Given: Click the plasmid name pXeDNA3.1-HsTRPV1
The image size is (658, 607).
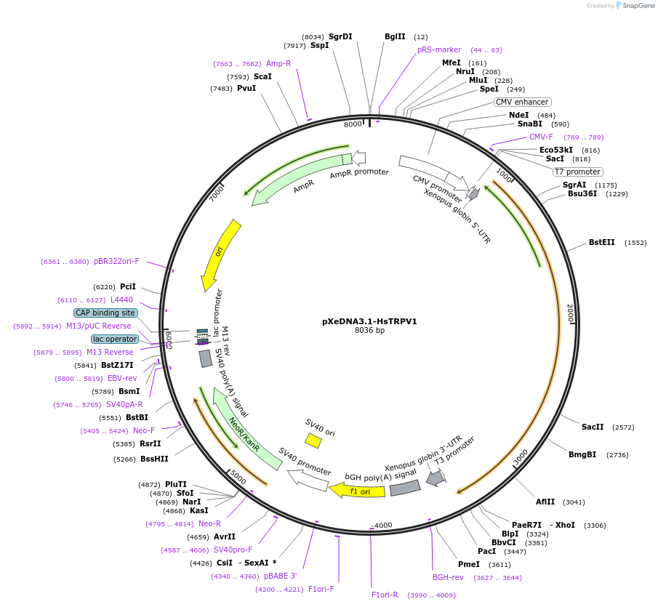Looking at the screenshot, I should [369, 321].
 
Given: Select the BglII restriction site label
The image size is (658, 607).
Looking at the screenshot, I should [395, 36].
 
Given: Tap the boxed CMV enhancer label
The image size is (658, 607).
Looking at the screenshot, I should [522, 102].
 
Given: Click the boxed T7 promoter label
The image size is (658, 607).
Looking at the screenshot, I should [577, 172].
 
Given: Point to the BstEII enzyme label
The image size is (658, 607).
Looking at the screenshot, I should [601, 242].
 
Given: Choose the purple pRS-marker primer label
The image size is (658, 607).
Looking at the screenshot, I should [439, 49].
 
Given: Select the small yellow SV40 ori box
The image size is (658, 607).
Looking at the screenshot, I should [313, 441].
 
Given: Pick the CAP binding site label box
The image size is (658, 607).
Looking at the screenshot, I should [105, 313].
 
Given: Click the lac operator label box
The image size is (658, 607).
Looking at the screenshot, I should [114, 339].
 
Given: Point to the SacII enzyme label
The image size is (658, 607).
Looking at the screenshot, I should [593, 427].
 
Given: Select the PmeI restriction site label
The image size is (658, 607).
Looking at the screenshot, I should [468, 564].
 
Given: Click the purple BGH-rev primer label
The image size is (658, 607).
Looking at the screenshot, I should [448, 577].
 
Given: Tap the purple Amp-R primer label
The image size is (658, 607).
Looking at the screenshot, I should [278, 63].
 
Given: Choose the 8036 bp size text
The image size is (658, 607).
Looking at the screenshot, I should [369, 331].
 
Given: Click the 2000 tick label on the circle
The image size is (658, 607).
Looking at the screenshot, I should [570, 314].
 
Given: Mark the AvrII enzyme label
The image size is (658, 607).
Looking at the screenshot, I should [225, 537].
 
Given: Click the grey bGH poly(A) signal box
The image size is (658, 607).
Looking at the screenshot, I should [405, 489].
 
